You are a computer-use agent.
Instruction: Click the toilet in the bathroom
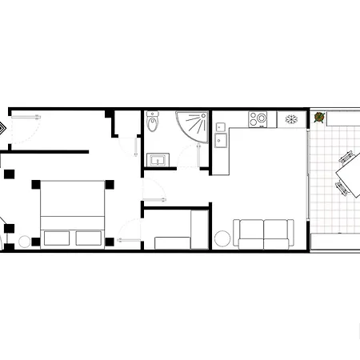click(x=154, y=125)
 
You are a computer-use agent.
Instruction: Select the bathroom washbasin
click(x=158, y=160)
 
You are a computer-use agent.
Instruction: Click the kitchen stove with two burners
click(x=258, y=119)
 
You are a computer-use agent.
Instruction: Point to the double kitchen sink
click(x=221, y=134)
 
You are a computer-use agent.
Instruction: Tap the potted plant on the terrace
click(x=319, y=118)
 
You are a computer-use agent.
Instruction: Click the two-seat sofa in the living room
click(x=263, y=234)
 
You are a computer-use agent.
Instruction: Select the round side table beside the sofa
click(x=223, y=238)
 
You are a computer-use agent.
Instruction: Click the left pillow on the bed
click(x=55, y=238)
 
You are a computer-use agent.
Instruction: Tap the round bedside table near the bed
click(x=26, y=242)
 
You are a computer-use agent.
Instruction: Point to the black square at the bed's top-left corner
click(x=36, y=185)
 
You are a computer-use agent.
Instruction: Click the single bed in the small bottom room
click(x=172, y=241)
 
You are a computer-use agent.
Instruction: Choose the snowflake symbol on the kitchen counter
click(x=292, y=119)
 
